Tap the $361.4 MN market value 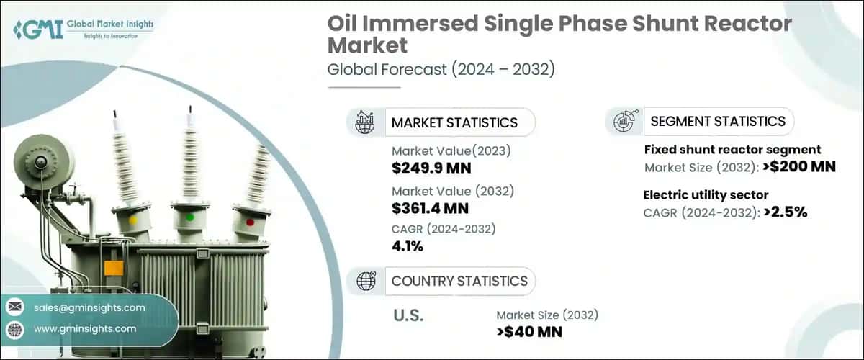point(431,209)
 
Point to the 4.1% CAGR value point(408,246)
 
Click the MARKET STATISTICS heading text point(454,122)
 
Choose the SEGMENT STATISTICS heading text point(718,121)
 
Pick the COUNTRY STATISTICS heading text point(459,281)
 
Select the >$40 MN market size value point(529,332)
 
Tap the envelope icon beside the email point(14,307)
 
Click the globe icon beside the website point(14,329)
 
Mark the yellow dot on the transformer point(132,220)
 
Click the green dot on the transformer point(190,216)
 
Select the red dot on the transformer point(250,222)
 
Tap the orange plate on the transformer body point(114,269)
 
